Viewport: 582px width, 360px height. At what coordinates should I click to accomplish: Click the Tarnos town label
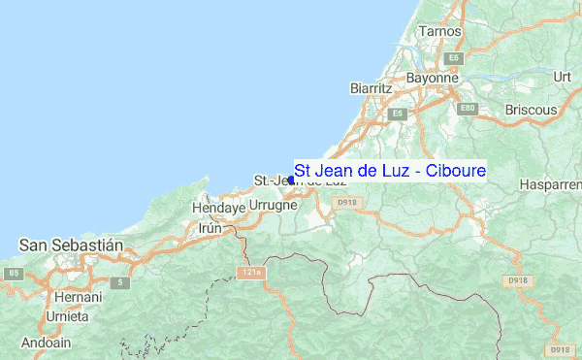click(436, 31)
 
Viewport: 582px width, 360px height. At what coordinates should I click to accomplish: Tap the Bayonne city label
click(433, 78)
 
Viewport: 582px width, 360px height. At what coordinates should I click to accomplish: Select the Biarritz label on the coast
click(371, 88)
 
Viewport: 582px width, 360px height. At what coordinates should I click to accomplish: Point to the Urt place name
click(561, 76)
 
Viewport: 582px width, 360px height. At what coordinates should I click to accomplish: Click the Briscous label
click(531, 110)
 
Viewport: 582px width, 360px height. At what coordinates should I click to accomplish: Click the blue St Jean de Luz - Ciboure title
click(390, 170)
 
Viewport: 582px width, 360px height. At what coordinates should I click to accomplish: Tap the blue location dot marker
click(291, 180)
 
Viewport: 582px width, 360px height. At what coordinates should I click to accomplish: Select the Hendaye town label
click(217, 208)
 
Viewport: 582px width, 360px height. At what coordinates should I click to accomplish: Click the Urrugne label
click(273, 207)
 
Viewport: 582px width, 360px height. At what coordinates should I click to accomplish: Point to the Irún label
click(210, 229)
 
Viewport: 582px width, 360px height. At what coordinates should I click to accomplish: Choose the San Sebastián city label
click(71, 245)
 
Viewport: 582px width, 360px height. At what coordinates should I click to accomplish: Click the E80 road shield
click(470, 107)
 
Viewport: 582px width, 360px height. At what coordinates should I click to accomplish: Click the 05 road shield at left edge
click(14, 274)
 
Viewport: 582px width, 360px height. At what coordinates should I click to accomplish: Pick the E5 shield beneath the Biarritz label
click(396, 114)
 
